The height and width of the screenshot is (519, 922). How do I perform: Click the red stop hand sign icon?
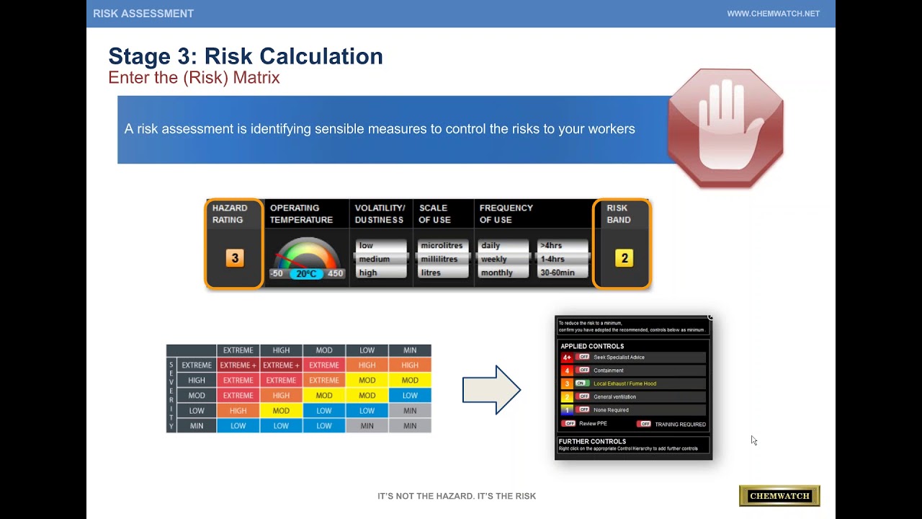(x=725, y=128)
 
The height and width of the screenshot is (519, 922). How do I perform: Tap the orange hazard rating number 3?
(x=234, y=258)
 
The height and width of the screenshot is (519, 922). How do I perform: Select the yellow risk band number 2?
(x=625, y=258)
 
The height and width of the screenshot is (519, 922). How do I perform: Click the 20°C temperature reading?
(x=307, y=274)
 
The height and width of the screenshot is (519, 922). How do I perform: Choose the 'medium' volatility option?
(x=375, y=259)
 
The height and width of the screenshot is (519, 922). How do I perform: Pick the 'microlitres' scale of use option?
(x=441, y=246)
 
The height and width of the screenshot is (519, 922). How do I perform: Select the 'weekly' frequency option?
(x=494, y=259)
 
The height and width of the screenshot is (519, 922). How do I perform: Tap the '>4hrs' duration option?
(x=552, y=246)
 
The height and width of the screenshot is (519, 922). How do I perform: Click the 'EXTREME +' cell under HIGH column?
(x=281, y=365)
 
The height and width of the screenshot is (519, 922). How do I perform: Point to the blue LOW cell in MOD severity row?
(x=410, y=396)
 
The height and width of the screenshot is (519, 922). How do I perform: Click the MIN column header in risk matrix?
(x=410, y=350)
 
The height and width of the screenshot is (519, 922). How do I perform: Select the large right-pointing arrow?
(x=491, y=390)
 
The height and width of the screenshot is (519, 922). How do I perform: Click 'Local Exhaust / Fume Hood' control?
(x=625, y=383)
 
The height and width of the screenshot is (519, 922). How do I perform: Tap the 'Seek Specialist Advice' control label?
(x=619, y=358)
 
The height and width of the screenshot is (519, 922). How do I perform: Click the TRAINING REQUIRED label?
(x=680, y=425)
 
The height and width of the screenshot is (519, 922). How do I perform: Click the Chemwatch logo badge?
(x=779, y=496)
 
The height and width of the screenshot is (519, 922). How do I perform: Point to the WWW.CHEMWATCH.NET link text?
(x=773, y=14)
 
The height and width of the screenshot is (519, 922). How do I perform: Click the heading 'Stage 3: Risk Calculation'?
(x=246, y=56)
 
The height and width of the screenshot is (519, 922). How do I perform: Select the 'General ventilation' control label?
(x=614, y=397)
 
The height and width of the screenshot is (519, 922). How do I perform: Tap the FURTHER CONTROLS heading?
(x=592, y=441)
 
